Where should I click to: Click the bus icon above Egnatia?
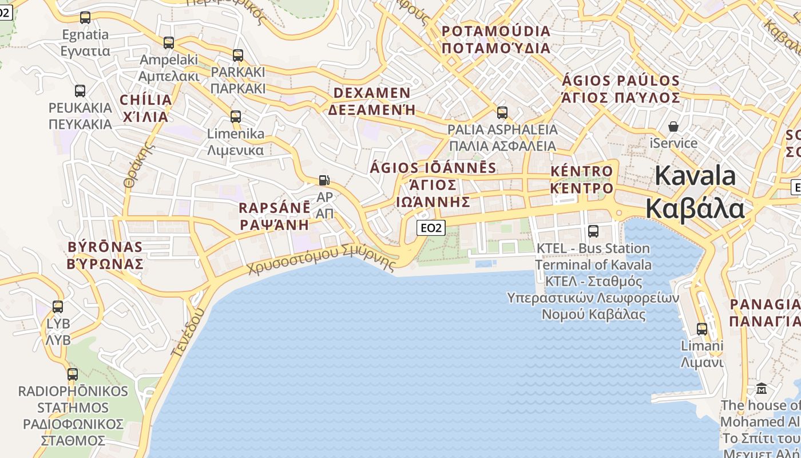(x=85, y=18)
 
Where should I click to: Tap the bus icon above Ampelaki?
(x=169, y=43)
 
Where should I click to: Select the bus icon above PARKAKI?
(x=238, y=56)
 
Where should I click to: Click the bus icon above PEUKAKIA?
(x=80, y=91)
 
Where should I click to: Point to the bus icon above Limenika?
(x=236, y=117)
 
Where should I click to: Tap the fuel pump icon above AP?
(x=324, y=180)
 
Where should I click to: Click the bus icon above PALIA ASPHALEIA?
(x=502, y=113)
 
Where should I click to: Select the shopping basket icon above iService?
(x=674, y=126)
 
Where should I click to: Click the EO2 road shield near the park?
(x=431, y=228)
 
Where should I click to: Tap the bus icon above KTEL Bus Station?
(x=593, y=231)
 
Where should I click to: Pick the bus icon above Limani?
(x=702, y=329)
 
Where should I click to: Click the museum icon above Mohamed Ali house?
(x=762, y=389)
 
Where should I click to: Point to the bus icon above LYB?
(x=58, y=307)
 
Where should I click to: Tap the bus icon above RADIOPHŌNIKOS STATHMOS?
(x=73, y=374)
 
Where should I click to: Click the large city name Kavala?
(x=695, y=192)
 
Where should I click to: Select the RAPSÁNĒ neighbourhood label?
(x=275, y=216)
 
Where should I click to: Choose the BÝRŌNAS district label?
(x=105, y=255)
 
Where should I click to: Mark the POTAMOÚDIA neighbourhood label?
(x=496, y=39)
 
